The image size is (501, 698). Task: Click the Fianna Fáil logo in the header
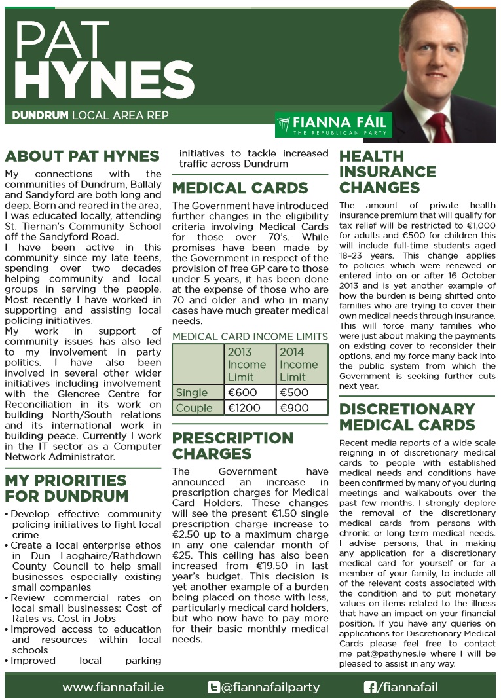333,124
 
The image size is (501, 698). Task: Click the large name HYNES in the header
103,77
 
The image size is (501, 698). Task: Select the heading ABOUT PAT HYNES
82,156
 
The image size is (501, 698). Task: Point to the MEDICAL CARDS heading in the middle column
240,189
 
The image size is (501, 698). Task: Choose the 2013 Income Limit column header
248,364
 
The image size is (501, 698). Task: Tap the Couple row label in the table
195,408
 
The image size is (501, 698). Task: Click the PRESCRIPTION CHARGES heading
232,445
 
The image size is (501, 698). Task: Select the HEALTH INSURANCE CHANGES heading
387,172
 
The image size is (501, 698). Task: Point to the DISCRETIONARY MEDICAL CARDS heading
407,417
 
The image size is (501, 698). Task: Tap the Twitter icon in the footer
213,687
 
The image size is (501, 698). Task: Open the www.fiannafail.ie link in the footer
113,687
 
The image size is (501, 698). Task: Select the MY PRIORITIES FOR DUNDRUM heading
66,488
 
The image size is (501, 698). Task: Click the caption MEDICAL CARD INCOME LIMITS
250,337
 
